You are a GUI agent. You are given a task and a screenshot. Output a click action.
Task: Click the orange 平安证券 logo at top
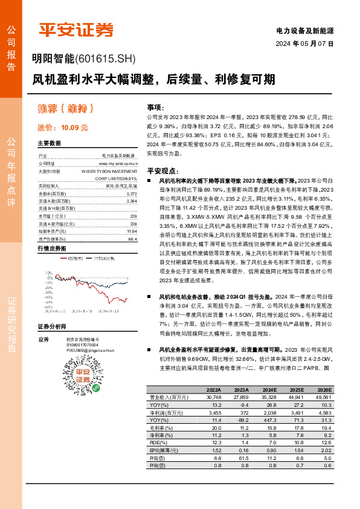(x=76, y=30)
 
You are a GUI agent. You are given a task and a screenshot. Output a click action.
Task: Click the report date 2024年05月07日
(x=304, y=44)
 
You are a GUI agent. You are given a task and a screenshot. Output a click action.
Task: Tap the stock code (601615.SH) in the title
(x=104, y=59)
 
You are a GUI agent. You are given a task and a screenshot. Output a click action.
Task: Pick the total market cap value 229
(x=133, y=216)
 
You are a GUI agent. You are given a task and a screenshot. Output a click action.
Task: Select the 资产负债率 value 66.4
(x=133, y=239)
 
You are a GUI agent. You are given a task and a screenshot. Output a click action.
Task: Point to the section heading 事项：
(x=155, y=106)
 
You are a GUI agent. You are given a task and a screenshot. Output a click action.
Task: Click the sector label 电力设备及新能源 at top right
(x=304, y=30)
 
